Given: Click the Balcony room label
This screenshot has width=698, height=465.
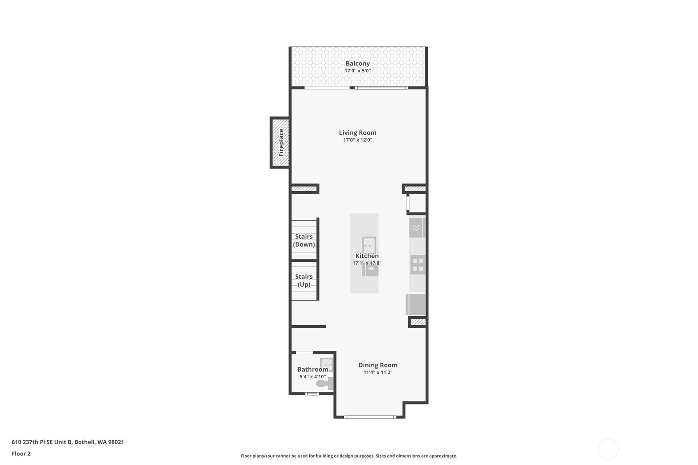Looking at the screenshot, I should [357, 63].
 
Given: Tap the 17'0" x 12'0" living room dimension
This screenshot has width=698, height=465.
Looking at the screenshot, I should [357, 140].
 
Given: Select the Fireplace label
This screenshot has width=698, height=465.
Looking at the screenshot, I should [281, 143].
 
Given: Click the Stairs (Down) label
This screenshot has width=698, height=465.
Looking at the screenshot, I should [304, 241].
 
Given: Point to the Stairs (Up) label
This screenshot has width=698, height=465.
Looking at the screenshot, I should [304, 280].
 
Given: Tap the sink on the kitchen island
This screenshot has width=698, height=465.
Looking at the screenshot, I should [369, 245].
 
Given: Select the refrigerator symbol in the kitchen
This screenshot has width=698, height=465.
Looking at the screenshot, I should [416, 304].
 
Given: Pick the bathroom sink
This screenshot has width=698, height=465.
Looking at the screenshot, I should [327, 364].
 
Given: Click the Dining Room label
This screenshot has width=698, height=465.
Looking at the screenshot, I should [378, 365].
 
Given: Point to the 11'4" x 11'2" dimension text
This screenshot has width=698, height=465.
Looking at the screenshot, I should [378, 372].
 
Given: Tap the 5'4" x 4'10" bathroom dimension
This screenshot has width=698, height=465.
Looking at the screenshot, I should [313, 377].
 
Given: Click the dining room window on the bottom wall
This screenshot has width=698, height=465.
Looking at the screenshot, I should [369, 417].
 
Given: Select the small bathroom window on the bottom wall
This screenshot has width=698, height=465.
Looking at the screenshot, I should [312, 394].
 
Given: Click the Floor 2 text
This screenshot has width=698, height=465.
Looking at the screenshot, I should [21, 453].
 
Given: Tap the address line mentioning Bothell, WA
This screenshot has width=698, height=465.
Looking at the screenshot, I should [67, 442].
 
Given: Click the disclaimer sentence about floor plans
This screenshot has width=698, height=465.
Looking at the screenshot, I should [349, 456].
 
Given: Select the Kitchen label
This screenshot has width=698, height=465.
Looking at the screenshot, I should [367, 256].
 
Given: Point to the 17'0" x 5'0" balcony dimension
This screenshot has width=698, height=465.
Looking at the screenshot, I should [357, 71].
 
